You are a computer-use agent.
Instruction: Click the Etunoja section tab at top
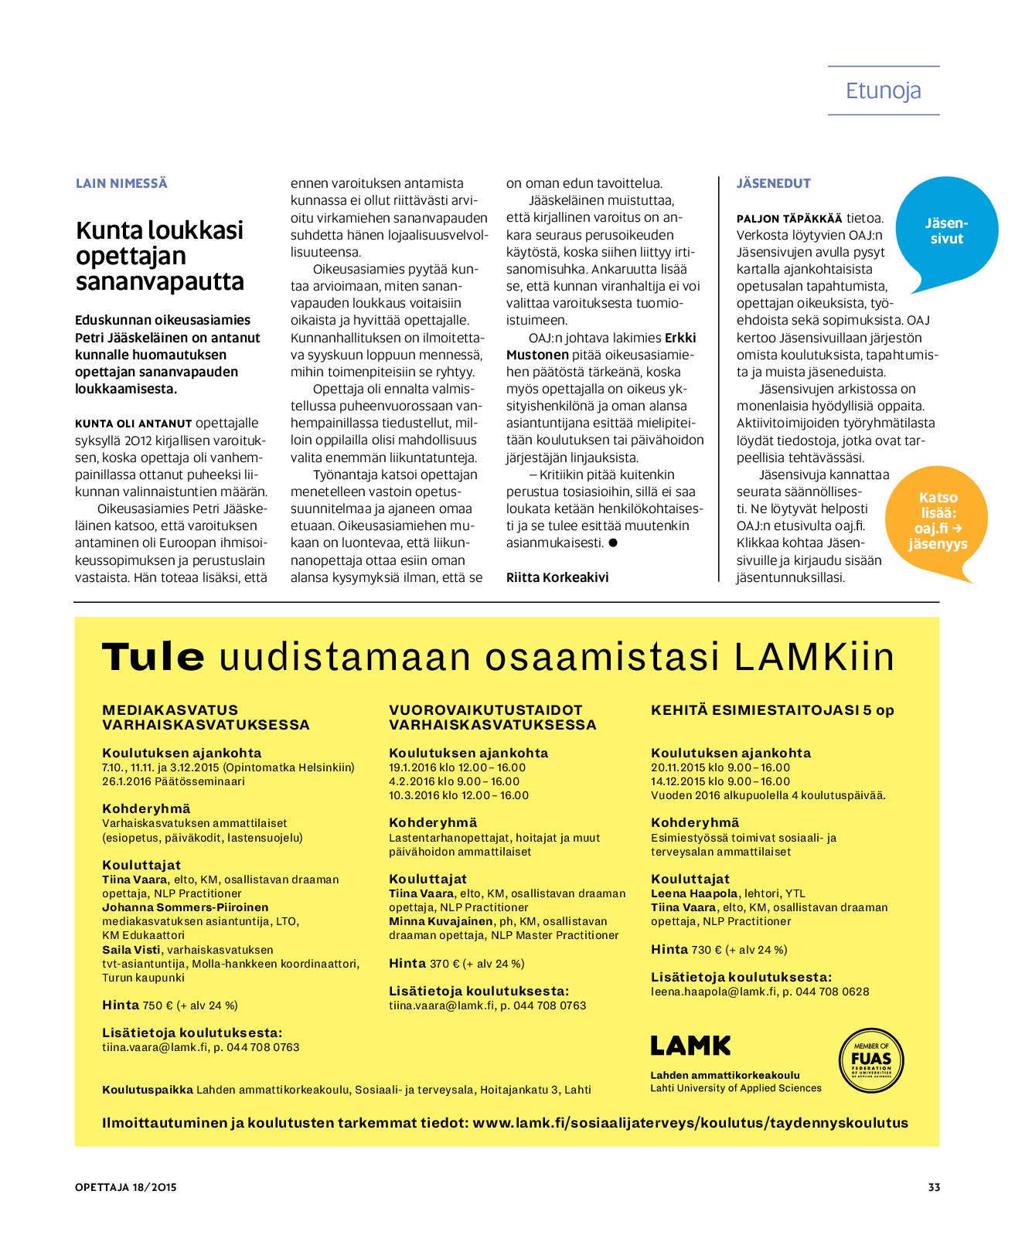pyautogui.click(x=883, y=90)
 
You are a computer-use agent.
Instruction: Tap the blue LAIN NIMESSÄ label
pyautogui.click(x=121, y=183)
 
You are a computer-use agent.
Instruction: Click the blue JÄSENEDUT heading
pyautogui.click(x=773, y=183)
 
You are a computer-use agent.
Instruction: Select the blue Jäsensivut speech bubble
pyautogui.click(x=945, y=231)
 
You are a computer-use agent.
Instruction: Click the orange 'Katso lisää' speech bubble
pyautogui.click(x=937, y=521)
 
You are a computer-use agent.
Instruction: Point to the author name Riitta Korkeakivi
pyautogui.click(x=557, y=577)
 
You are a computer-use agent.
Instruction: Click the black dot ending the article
pyautogui.click(x=613, y=543)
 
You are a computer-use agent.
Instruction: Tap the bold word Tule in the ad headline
pyautogui.click(x=153, y=657)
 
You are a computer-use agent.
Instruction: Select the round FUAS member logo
pyautogui.click(x=871, y=1060)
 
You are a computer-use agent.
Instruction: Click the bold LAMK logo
pyautogui.click(x=690, y=1046)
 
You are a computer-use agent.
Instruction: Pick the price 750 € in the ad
pyautogui.click(x=153, y=1005)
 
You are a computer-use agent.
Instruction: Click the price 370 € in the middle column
pyautogui.click(x=440, y=964)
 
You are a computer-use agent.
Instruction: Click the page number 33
pyautogui.click(x=934, y=1187)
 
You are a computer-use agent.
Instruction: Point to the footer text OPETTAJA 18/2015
pyautogui.click(x=126, y=1187)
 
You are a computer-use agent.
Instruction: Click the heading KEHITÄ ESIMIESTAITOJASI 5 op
pyautogui.click(x=771, y=710)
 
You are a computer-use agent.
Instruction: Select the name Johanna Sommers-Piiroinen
pyautogui.click(x=186, y=907)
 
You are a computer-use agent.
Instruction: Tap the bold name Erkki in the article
pyautogui.click(x=680, y=338)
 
